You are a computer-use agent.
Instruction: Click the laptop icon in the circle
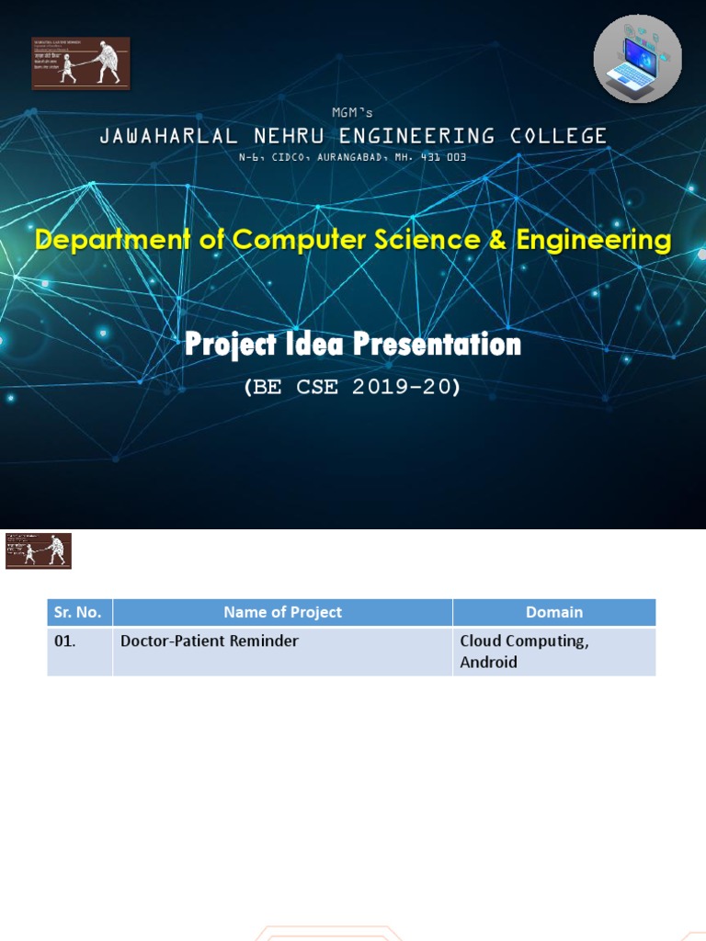638,59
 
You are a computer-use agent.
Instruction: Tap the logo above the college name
81,63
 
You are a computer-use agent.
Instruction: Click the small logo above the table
39,550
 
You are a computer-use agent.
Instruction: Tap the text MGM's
353,112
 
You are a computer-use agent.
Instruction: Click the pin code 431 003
444,158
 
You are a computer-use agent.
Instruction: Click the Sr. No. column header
80,612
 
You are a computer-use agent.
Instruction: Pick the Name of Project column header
282,612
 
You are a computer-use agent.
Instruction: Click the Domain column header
554,612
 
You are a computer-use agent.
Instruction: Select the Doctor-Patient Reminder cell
210,641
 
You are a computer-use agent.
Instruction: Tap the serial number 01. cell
65,641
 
